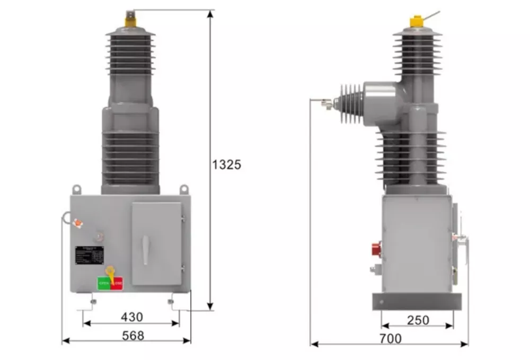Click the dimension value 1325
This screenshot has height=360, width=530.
click(x=226, y=165)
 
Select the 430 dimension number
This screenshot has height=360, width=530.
click(x=131, y=317)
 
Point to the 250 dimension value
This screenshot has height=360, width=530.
click(x=418, y=320)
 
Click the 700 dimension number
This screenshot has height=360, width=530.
click(x=391, y=338)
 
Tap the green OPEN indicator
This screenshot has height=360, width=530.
click(x=103, y=283)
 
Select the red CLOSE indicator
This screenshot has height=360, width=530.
click(x=117, y=283)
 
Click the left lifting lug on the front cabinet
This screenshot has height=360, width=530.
click(x=77, y=189)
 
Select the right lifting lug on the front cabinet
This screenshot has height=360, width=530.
click(x=184, y=189)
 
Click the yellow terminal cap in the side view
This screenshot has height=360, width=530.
click(x=417, y=22)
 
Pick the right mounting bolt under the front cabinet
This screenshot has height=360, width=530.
click(x=170, y=302)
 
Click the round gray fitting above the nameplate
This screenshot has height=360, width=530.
click(x=99, y=233)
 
